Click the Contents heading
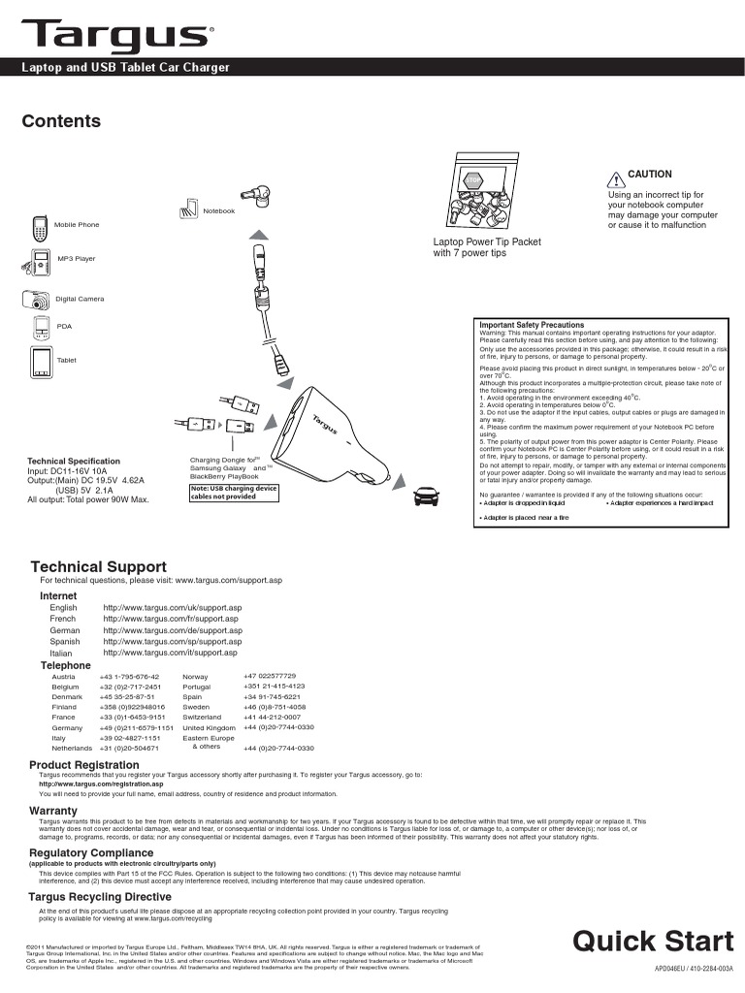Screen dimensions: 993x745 tap(61, 121)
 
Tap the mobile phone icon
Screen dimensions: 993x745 tap(40, 229)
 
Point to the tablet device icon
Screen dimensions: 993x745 tap(40, 362)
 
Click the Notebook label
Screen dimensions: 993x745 tap(218, 210)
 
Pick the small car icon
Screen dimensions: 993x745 tap(425, 496)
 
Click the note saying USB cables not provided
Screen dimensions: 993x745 tap(234, 492)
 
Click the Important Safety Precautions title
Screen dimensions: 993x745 tap(532, 325)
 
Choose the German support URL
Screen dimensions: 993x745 tap(173, 630)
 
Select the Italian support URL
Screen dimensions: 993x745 tap(170, 653)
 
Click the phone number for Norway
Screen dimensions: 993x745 tap(270, 676)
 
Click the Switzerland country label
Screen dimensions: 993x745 tap(202, 717)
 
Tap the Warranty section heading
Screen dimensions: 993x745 tap(53, 810)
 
